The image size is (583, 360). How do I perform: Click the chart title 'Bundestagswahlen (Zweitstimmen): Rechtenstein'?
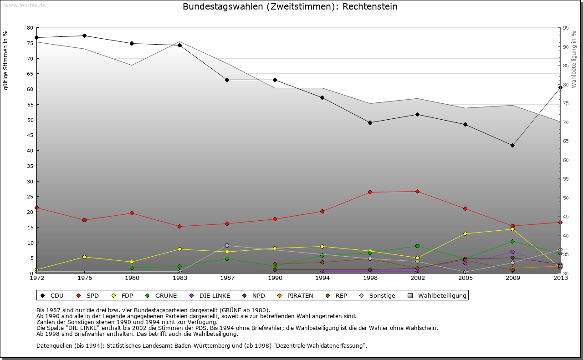(290, 7)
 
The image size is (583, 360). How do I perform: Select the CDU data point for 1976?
(84, 35)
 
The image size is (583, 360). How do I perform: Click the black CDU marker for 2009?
(512, 145)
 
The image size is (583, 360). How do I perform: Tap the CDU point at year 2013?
(560, 87)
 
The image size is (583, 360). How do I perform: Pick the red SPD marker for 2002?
(417, 191)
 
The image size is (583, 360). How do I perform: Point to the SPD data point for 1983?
(179, 226)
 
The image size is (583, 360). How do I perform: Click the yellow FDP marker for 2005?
(465, 233)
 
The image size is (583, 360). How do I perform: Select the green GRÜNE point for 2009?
(512, 241)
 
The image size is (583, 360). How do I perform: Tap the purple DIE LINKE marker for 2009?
(512, 252)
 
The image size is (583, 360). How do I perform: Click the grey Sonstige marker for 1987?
(227, 245)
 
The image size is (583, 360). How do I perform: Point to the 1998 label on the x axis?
(370, 278)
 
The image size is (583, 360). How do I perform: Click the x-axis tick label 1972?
(36, 278)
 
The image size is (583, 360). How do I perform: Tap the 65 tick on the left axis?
(30, 74)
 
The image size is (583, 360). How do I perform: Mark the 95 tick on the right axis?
(566, 28)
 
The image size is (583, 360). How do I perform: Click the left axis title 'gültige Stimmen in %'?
(6, 60)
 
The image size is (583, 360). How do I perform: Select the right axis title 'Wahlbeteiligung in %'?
(574, 60)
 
